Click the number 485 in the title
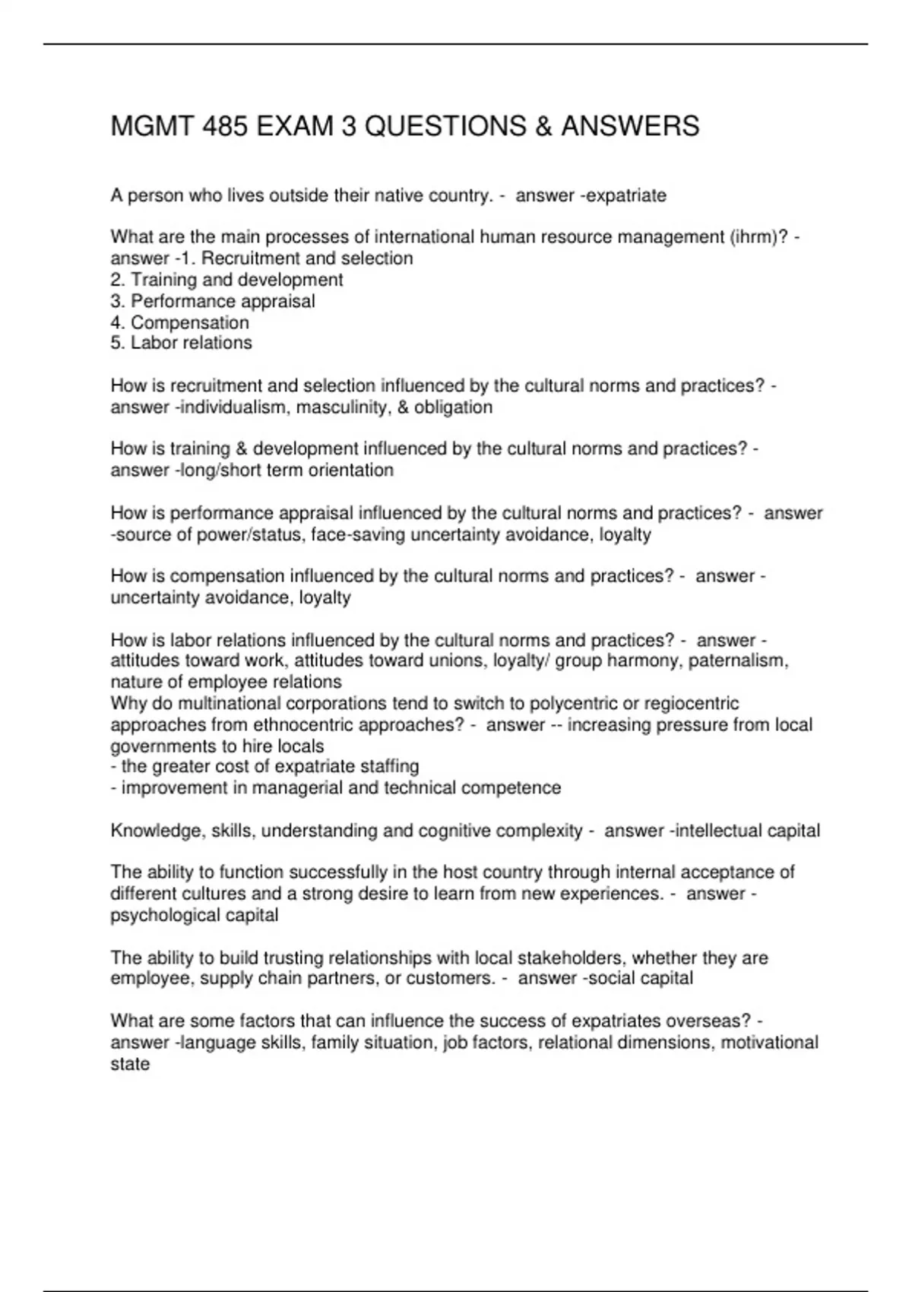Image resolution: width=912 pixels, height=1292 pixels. tap(225, 126)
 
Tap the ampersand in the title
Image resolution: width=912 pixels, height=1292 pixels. tap(543, 126)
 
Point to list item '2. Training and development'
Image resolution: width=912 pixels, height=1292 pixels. tap(226, 280)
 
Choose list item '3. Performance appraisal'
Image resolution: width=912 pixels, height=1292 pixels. tap(213, 302)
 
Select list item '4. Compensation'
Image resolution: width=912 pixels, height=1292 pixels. tap(179, 323)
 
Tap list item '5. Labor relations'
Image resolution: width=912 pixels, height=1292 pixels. tap(181, 344)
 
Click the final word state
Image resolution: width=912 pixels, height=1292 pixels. tap(130, 1064)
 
